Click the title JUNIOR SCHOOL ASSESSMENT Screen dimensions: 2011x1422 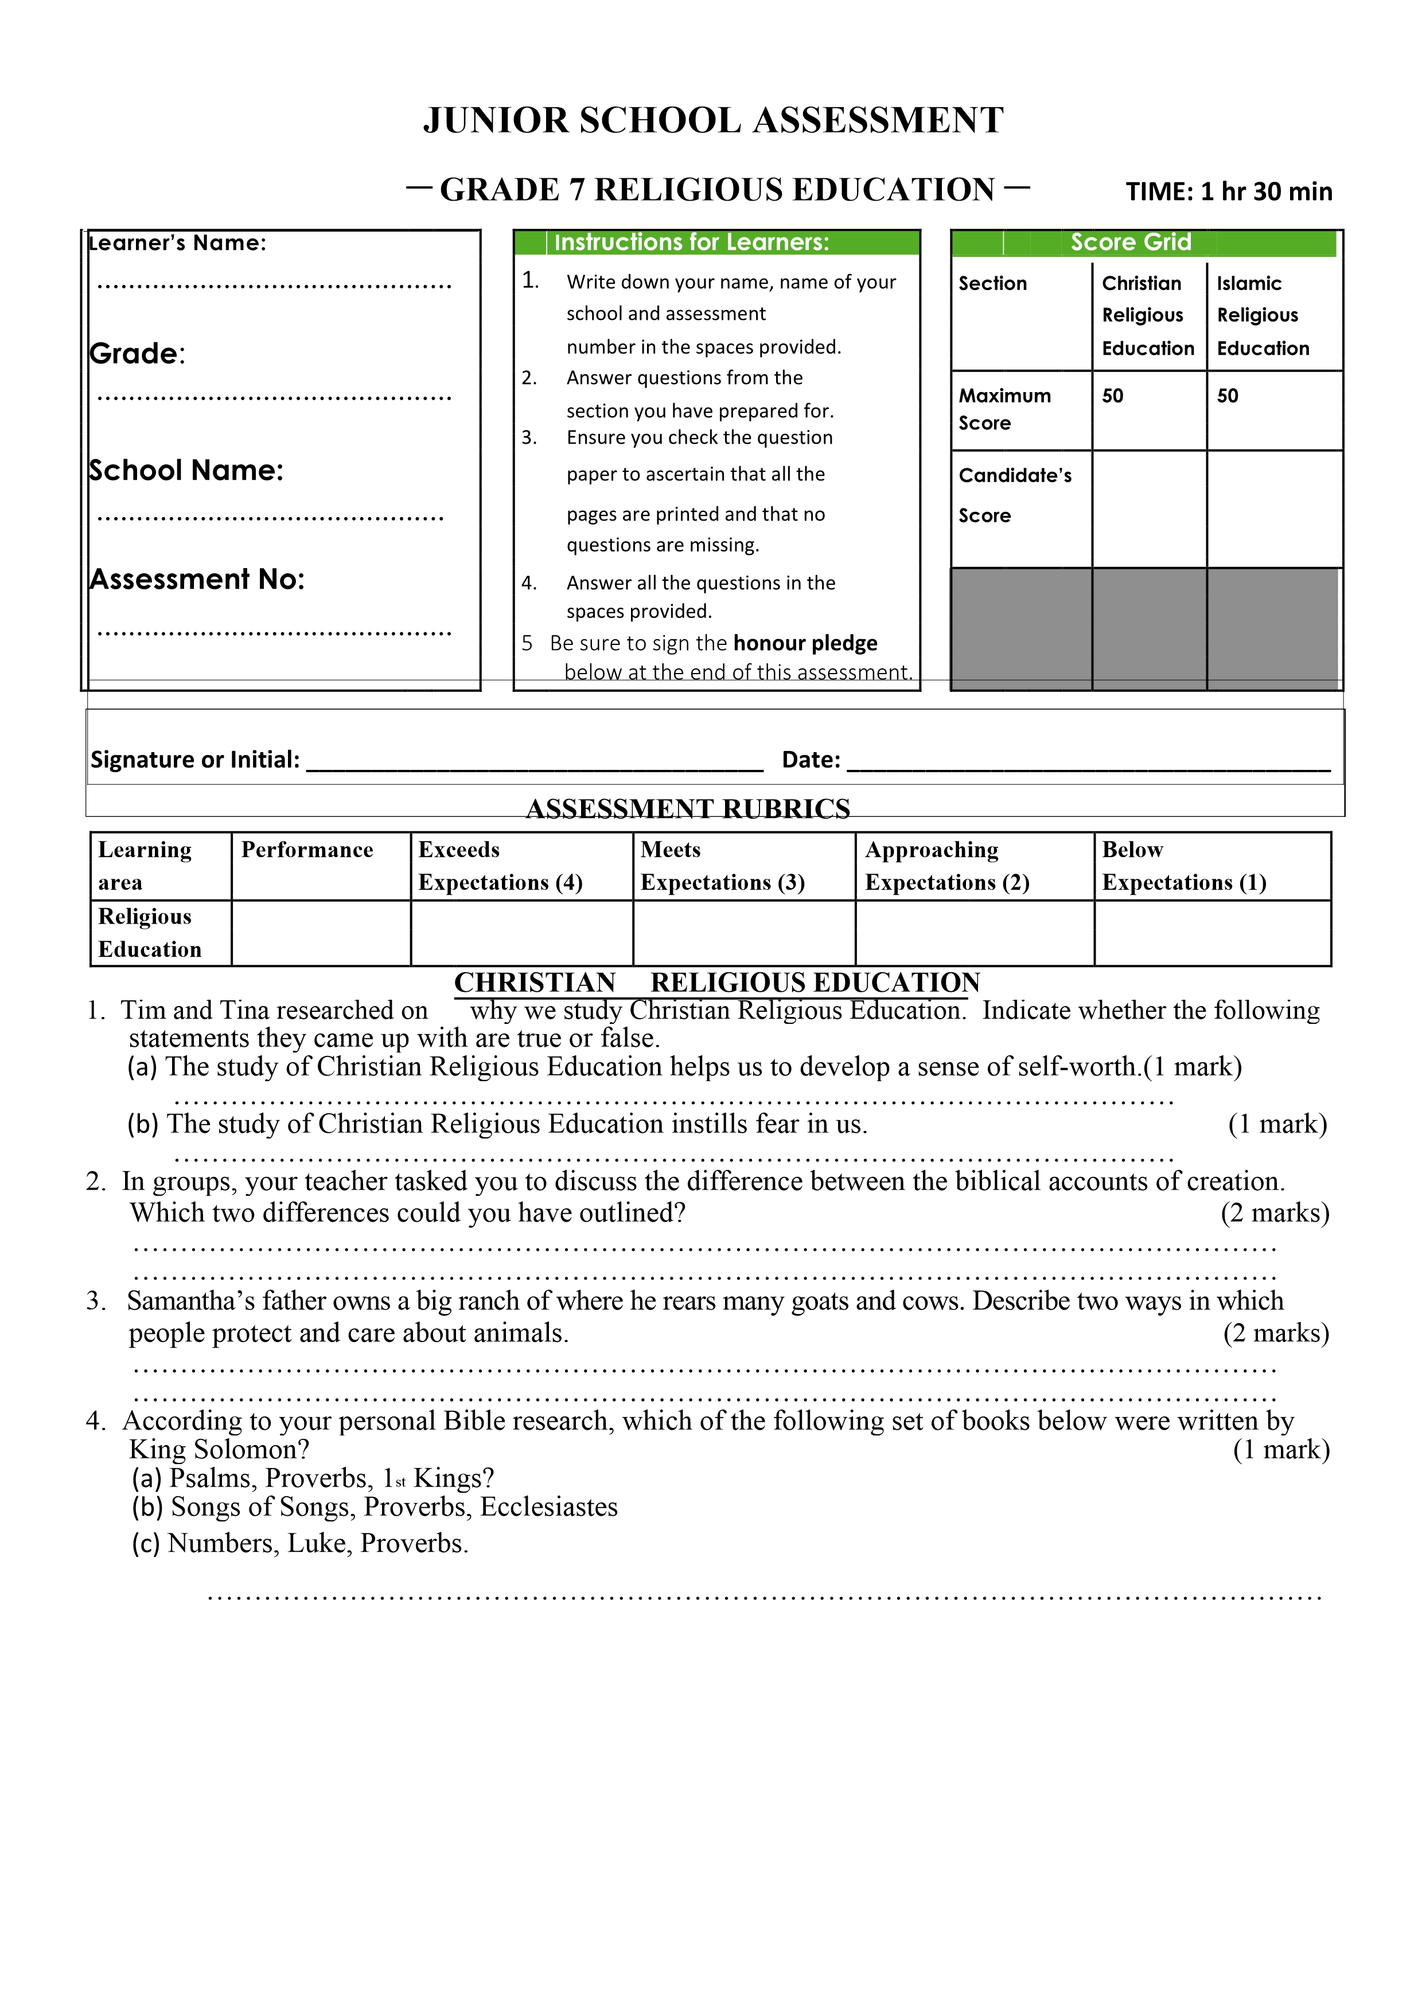point(712,121)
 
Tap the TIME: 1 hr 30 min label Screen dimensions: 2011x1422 point(1228,192)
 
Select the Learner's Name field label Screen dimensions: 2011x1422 point(177,242)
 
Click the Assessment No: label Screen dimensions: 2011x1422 point(197,579)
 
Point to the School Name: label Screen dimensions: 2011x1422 point(186,470)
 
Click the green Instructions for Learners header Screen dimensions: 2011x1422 point(691,242)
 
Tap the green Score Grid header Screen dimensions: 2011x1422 point(1130,242)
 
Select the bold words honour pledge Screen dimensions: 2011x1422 point(804,643)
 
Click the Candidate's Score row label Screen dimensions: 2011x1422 point(1015,495)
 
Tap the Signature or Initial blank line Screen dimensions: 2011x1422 point(535,762)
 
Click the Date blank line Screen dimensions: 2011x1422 point(1088,762)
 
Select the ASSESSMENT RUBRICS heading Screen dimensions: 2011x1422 point(688,808)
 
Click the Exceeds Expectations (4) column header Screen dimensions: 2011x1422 point(500,866)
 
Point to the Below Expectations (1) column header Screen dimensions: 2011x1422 point(1184,866)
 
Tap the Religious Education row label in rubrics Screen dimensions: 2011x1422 point(150,933)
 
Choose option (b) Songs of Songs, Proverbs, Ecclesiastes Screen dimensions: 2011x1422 point(375,1507)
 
